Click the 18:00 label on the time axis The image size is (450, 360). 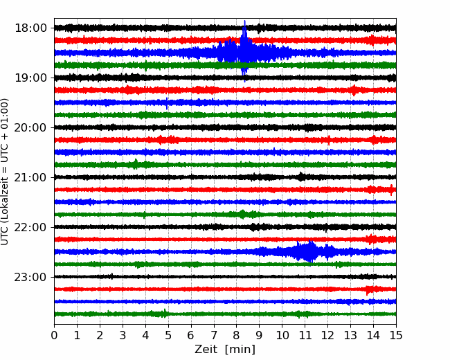coord(30,28)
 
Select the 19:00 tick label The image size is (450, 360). coord(30,78)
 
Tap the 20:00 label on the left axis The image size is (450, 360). coord(30,127)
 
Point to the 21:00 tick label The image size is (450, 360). coord(30,177)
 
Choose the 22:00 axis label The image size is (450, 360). coord(30,227)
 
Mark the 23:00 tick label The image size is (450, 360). coord(30,277)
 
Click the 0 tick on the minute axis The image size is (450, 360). coord(54,335)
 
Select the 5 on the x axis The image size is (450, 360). coord(168,335)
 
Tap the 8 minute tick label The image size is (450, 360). coord(237,335)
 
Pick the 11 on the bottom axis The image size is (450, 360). coord(305,335)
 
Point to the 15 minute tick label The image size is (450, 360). coord(396,335)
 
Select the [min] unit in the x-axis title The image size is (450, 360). coord(240,350)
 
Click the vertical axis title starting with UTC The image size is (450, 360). coord(5,172)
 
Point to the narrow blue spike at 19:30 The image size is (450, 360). coord(167,103)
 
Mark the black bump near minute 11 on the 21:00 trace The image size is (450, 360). coord(300,177)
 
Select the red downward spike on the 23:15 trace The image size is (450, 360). coord(367,291)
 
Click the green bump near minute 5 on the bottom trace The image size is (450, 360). coord(165,313)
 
